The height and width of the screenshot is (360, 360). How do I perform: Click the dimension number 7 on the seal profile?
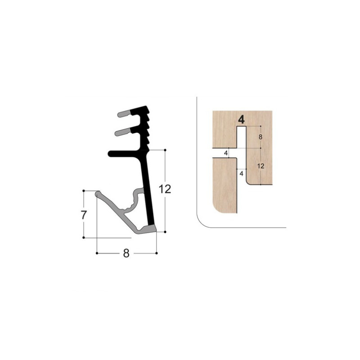coord(84,215)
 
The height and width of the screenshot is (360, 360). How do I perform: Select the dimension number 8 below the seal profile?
coord(126,253)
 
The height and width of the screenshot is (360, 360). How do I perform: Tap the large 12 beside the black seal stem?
coord(165,189)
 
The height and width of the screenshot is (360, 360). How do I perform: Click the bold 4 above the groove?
coord(241,120)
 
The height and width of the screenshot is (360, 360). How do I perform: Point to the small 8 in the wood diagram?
coord(261,137)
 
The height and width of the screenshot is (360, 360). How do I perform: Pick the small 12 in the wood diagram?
coord(261,166)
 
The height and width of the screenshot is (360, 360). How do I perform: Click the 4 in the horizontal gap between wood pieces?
coord(226,153)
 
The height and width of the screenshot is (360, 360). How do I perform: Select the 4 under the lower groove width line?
coord(241,173)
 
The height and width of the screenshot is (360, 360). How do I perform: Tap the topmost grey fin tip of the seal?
coord(121,114)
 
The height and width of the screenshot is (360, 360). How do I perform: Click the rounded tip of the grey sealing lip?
coord(98,194)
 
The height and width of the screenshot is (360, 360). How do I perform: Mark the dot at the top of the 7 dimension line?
coord(84,191)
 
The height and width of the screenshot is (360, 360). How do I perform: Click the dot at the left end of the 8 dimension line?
coord(97,253)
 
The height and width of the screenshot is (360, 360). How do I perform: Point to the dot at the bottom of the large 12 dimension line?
coord(166,232)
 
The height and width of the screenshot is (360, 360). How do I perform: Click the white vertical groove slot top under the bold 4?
coord(241,130)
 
